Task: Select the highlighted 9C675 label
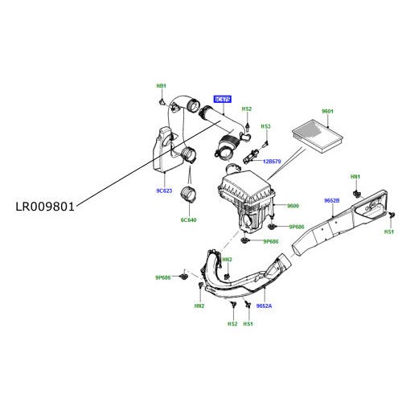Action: click(222, 100)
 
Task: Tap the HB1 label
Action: click(161, 86)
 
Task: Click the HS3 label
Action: click(266, 126)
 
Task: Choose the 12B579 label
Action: click(269, 162)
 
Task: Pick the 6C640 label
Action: click(188, 219)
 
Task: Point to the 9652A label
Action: click(265, 306)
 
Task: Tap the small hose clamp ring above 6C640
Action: click(190, 195)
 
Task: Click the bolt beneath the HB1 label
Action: click(163, 102)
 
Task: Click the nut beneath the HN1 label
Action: click(355, 193)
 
